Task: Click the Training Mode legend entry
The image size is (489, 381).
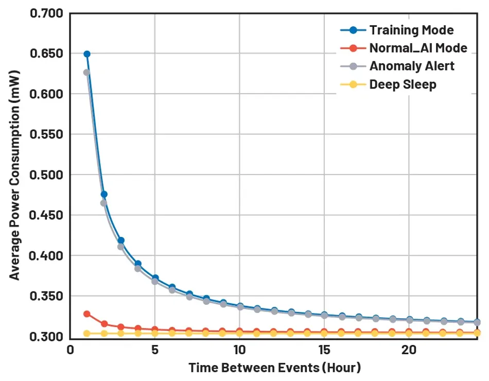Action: (x=411, y=30)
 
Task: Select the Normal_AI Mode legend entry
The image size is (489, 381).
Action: (x=418, y=48)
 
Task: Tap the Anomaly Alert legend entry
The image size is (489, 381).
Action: (x=412, y=66)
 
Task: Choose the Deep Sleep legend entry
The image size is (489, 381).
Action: (x=403, y=84)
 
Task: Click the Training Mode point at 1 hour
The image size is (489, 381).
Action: (x=87, y=54)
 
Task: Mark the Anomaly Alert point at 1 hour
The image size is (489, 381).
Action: (x=87, y=73)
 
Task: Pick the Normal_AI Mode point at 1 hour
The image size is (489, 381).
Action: (x=87, y=314)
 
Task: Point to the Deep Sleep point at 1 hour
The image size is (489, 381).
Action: (x=87, y=334)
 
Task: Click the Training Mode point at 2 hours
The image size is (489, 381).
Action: (x=104, y=194)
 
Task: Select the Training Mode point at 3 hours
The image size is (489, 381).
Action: (x=121, y=240)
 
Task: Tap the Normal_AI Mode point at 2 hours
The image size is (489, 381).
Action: (x=104, y=324)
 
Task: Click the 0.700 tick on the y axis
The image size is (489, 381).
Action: (x=47, y=13)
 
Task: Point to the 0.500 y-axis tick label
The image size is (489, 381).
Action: (x=47, y=175)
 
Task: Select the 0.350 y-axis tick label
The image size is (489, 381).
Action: (x=47, y=297)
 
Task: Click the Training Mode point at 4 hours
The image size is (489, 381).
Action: (x=138, y=264)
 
